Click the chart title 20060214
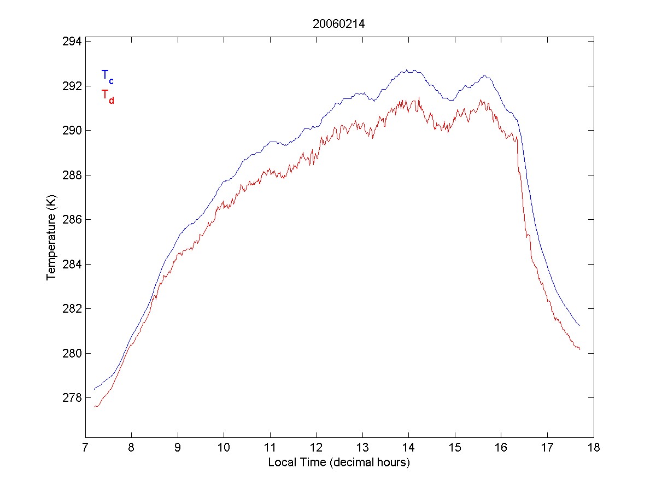point(338,24)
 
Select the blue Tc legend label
point(107,77)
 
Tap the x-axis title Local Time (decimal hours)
point(339,462)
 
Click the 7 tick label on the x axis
point(85,448)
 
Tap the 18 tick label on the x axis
point(594,448)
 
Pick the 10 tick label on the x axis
point(224,448)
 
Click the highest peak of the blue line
point(407,70)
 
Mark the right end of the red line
point(579,349)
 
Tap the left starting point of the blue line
point(94,389)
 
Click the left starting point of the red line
point(94,407)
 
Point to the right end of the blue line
point(579,326)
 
